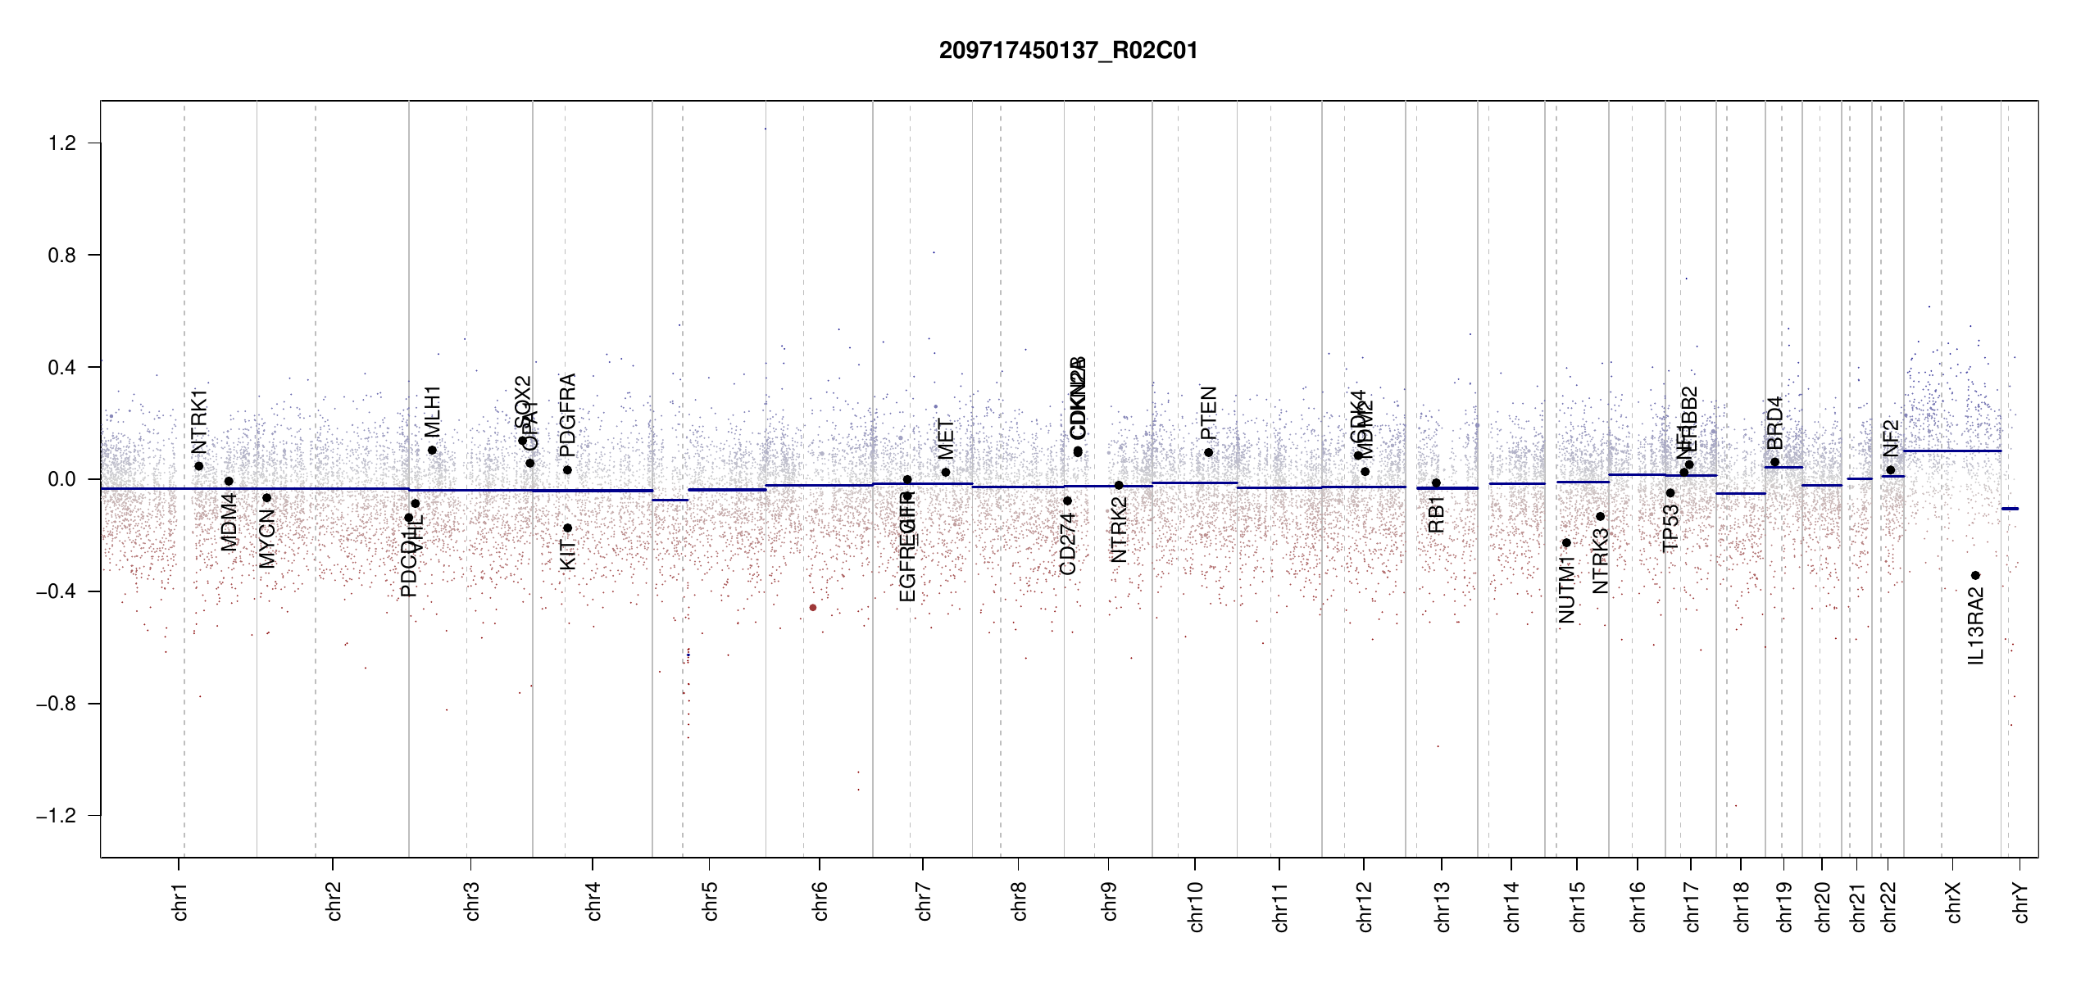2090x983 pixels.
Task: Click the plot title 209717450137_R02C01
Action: [x=1068, y=51]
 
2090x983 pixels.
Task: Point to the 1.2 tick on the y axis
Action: [x=62, y=143]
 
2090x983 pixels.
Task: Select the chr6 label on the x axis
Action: [x=820, y=901]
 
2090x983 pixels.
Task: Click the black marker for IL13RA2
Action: [x=1975, y=575]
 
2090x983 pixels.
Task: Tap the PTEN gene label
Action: [x=1208, y=414]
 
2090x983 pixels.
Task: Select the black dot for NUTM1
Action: [x=1566, y=543]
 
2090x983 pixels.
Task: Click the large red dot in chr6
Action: [x=813, y=608]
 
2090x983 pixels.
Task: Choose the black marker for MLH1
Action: [x=432, y=451]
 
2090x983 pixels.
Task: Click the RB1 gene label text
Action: [x=1436, y=514]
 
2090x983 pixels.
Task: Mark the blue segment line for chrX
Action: [x=1951, y=451]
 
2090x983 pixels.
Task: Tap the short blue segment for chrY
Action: [x=2010, y=509]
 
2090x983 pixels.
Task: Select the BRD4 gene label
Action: [x=1774, y=423]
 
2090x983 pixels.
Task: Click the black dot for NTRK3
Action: [x=1600, y=517]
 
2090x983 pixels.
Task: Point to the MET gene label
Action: [x=946, y=439]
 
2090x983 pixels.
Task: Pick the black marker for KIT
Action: [x=567, y=528]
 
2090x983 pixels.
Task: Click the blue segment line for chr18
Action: [x=1741, y=493]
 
